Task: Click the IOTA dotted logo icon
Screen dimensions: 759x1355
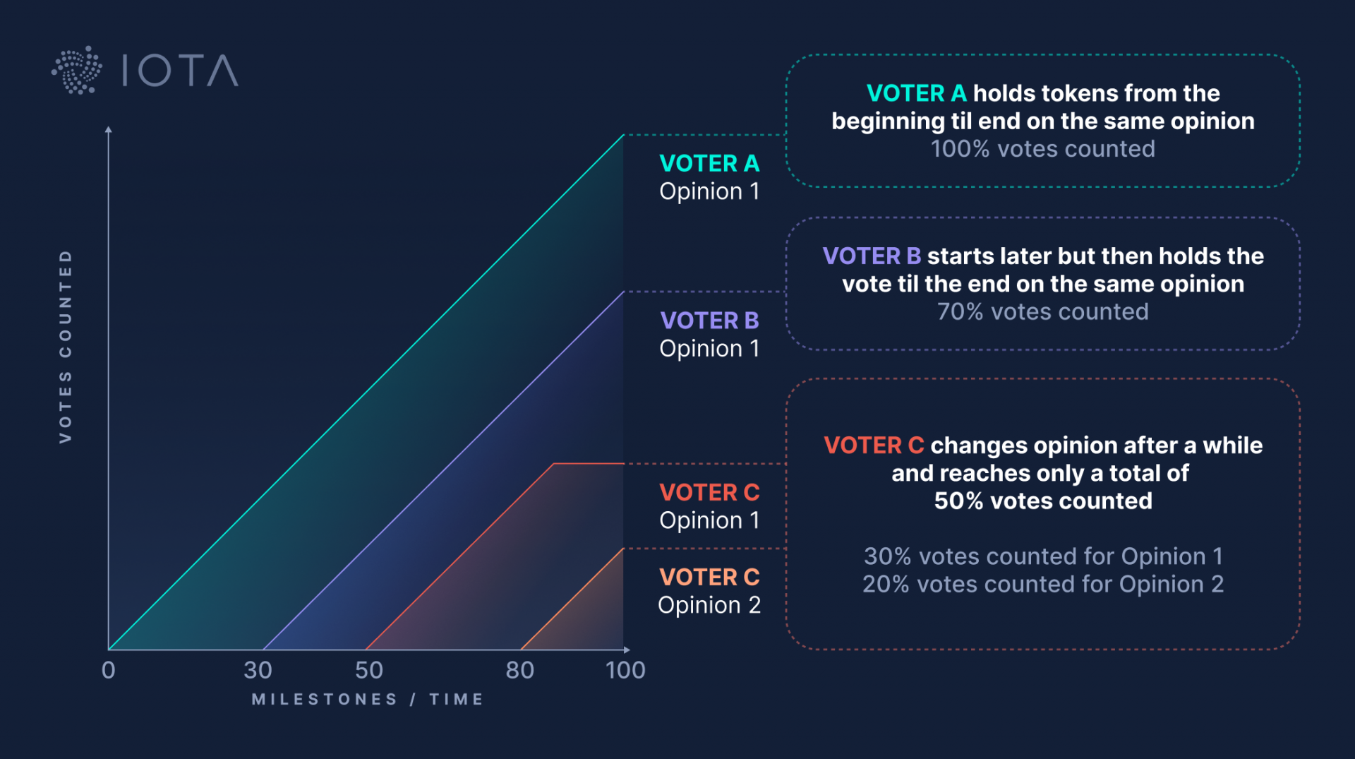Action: [77, 71]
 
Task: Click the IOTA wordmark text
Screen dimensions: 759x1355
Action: [180, 71]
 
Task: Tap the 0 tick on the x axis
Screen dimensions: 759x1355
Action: [108, 669]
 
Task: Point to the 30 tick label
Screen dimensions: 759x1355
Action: [258, 669]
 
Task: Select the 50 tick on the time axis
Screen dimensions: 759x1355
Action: [369, 669]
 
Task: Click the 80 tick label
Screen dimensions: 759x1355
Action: [519, 669]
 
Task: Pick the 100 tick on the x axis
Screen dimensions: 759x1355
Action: [625, 669]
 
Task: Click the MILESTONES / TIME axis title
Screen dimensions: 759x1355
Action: [368, 699]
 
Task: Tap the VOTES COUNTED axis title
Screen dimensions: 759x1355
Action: [66, 346]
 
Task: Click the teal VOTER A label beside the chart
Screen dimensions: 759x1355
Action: [709, 163]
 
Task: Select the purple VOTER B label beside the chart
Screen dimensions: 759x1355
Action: [709, 321]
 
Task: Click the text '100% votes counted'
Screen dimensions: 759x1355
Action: [1042, 149]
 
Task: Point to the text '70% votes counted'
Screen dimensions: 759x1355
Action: [1042, 311]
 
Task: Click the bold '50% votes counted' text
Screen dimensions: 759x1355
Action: [1042, 501]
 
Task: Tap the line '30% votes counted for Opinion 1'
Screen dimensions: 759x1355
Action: [1042, 556]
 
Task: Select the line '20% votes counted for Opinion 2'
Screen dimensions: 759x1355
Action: [1042, 584]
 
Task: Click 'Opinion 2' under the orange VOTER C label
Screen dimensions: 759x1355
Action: [709, 605]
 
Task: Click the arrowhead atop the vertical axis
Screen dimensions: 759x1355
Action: [108, 130]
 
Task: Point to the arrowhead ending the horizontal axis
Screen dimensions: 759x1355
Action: [627, 650]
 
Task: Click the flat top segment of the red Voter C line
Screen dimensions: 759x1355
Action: [589, 463]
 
